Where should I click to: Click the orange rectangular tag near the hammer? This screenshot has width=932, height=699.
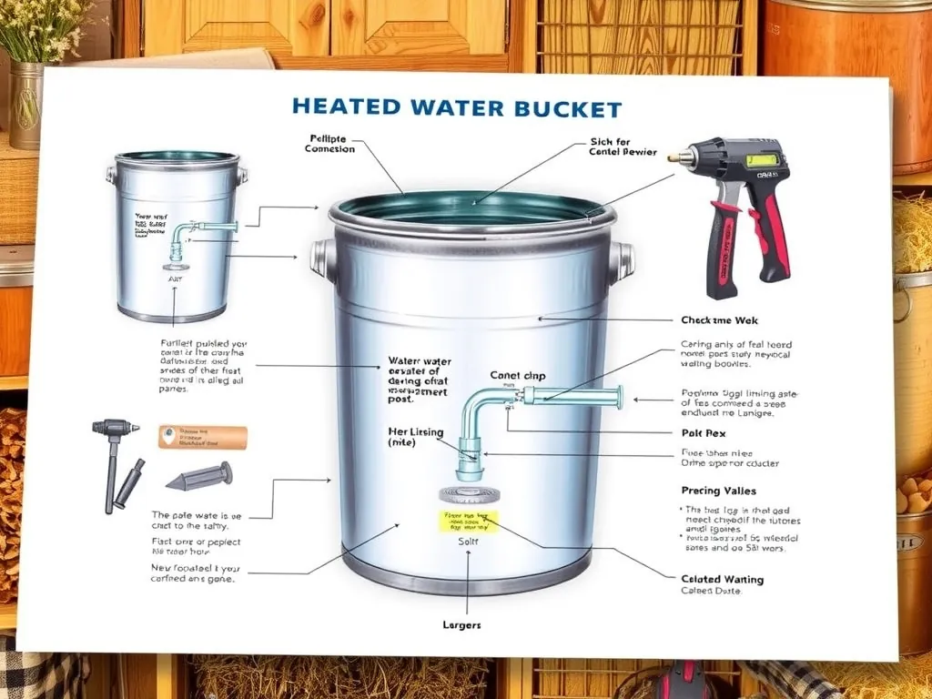202,437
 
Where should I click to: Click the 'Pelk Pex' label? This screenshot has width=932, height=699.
703,432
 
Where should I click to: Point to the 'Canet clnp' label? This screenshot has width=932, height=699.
517,375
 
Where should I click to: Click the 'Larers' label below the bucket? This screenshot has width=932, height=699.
461,625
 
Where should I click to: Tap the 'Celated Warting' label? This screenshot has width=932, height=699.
722,579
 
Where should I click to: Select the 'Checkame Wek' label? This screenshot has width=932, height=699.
720,320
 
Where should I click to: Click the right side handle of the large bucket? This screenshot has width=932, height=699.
622,260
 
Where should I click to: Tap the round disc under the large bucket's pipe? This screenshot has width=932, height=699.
468,493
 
